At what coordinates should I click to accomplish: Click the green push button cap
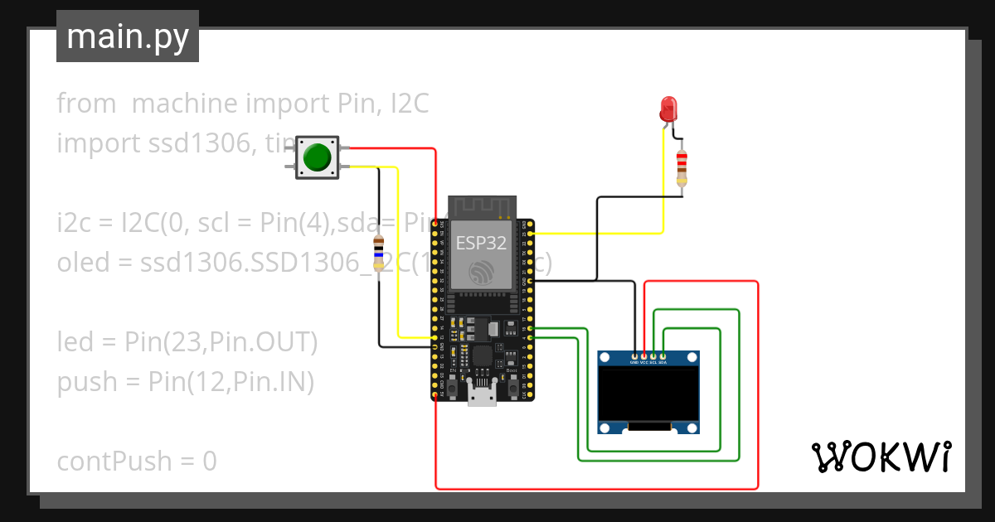317,157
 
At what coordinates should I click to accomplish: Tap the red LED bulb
668,109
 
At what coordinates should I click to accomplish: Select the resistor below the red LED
682,168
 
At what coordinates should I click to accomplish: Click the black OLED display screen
649,395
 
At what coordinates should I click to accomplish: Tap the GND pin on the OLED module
634,356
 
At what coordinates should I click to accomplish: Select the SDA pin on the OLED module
663,356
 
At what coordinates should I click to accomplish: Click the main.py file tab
128,36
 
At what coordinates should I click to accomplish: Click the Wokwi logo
880,457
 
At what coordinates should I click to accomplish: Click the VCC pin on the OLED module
644,356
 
